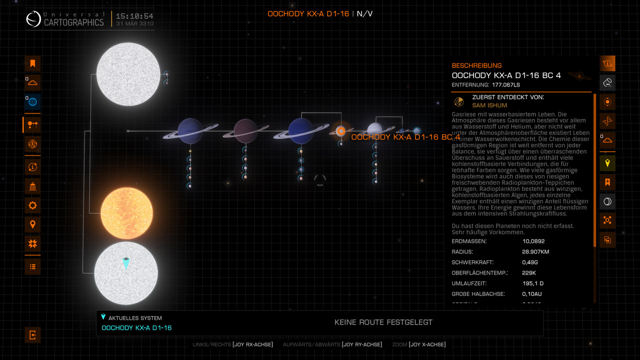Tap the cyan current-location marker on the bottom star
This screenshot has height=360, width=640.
click(x=126, y=263)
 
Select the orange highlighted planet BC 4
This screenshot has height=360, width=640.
click(x=340, y=131)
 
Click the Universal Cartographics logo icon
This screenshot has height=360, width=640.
click(x=33, y=19)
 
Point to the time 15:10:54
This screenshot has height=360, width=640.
click(x=134, y=16)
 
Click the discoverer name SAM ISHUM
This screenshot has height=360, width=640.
click(x=489, y=105)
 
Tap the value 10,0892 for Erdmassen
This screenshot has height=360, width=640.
click(x=533, y=241)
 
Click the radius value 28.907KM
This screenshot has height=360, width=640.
click(x=535, y=252)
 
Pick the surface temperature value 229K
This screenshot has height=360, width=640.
click(x=529, y=273)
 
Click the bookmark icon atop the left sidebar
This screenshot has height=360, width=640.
click(x=32, y=63)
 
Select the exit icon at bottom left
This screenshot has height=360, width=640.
click(x=32, y=335)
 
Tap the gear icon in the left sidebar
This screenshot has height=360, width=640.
click(x=32, y=205)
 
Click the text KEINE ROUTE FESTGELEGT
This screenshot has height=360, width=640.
click(x=383, y=322)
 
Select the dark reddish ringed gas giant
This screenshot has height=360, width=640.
click(x=245, y=131)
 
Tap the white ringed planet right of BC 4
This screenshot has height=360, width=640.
click(x=375, y=130)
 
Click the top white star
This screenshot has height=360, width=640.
click(x=128, y=74)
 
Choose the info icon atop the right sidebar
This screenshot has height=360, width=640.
click(x=607, y=63)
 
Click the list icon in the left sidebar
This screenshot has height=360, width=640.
click(x=32, y=266)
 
